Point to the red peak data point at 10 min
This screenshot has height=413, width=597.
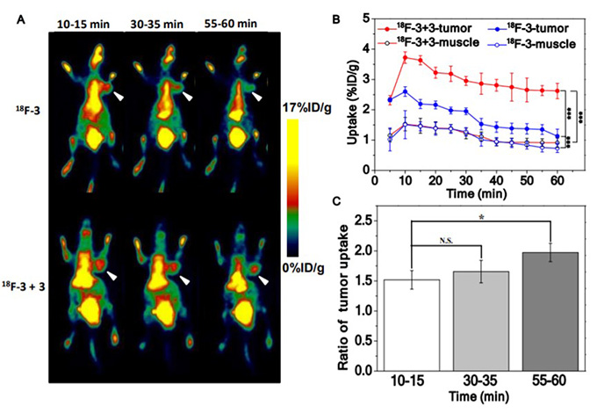(405, 57)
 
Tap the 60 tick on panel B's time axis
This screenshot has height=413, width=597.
(557, 180)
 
